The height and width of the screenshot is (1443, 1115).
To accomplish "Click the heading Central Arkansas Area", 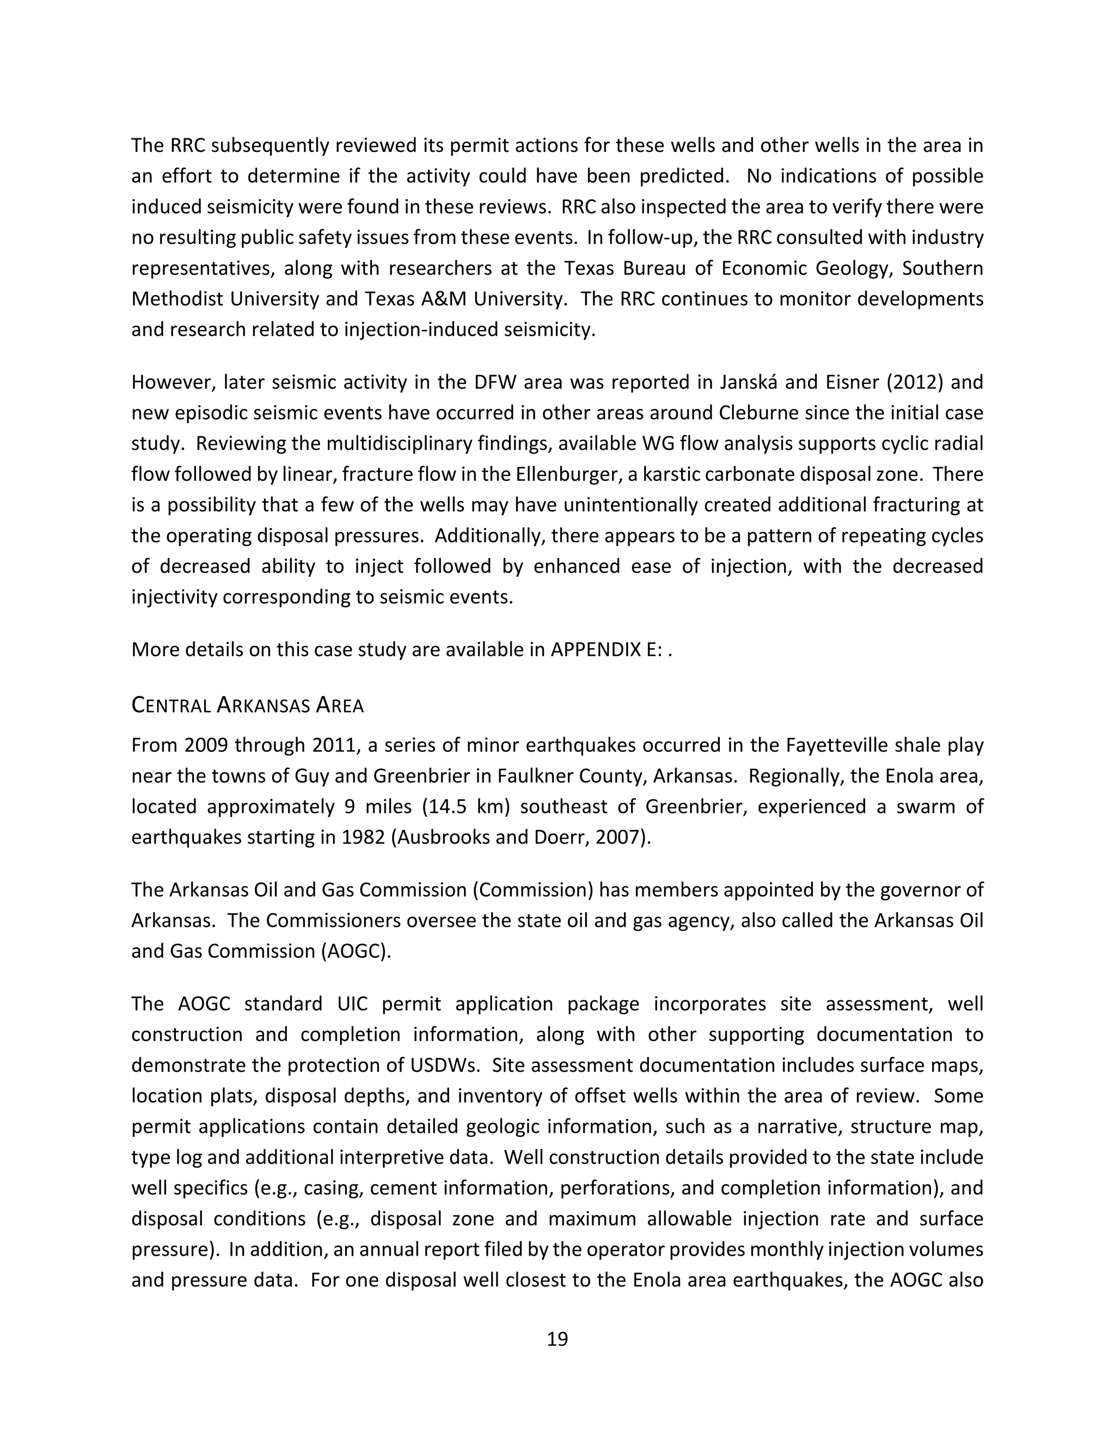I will coord(247,705).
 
